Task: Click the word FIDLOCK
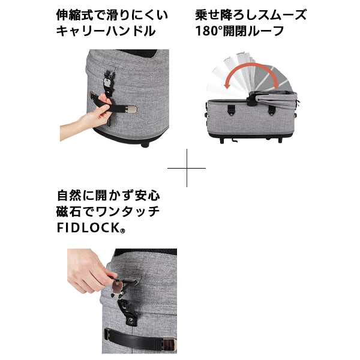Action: (88, 227)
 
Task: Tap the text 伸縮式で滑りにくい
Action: (112, 15)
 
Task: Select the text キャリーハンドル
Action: (106, 31)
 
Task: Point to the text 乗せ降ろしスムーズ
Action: (251, 15)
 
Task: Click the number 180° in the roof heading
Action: (209, 31)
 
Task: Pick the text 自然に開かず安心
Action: (108, 196)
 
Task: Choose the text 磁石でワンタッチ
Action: (108, 211)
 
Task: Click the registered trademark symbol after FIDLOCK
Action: (122, 231)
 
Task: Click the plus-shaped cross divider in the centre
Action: (187, 168)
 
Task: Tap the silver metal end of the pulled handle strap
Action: (131, 109)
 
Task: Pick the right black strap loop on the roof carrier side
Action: (272, 110)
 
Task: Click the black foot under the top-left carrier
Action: (145, 145)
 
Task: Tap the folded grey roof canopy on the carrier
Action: (275, 99)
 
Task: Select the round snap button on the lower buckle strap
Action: (131, 320)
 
